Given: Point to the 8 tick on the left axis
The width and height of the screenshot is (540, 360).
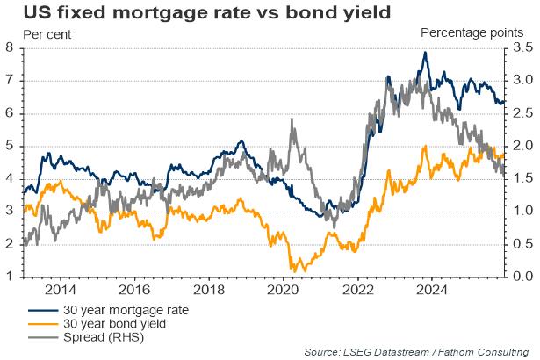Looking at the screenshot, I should click(9, 47).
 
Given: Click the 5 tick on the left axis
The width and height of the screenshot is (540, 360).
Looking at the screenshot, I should click(9, 146).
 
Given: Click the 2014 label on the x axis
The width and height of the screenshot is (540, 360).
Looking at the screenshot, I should click(59, 289).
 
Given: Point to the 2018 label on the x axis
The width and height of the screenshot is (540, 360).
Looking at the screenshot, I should click(208, 289).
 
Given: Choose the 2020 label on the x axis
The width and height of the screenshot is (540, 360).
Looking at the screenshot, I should click(283, 289).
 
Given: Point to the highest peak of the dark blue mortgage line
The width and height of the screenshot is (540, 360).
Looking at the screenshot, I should click(426, 53).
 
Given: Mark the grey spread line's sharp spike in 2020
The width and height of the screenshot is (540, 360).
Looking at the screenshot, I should click(292, 120).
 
